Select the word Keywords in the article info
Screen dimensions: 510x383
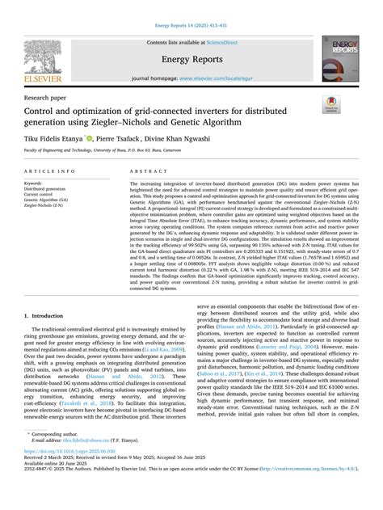(40, 184)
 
